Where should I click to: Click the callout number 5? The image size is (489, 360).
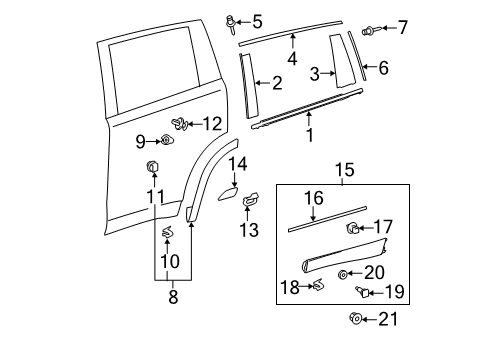tap(257, 20)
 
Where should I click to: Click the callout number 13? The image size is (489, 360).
tap(248, 230)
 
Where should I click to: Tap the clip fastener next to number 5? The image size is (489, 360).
tap(233, 19)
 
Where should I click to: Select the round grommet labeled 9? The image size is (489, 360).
tap(166, 141)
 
